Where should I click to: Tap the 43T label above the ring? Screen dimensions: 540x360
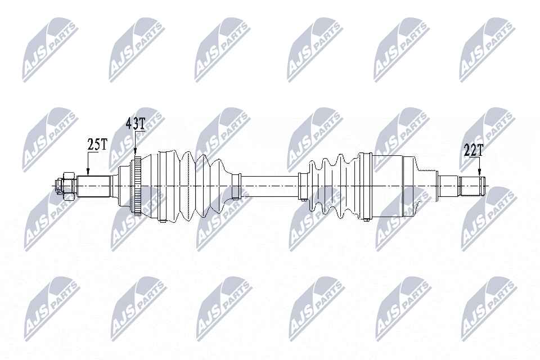[136, 123]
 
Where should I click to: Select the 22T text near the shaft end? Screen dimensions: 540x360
[473, 150]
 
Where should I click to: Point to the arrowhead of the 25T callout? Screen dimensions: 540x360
[88, 172]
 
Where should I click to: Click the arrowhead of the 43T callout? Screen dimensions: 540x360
[135, 153]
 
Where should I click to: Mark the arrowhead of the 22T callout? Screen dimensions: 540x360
[479, 173]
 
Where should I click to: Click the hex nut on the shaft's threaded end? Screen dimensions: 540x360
[68, 186]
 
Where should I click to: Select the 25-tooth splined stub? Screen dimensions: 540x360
[93, 186]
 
